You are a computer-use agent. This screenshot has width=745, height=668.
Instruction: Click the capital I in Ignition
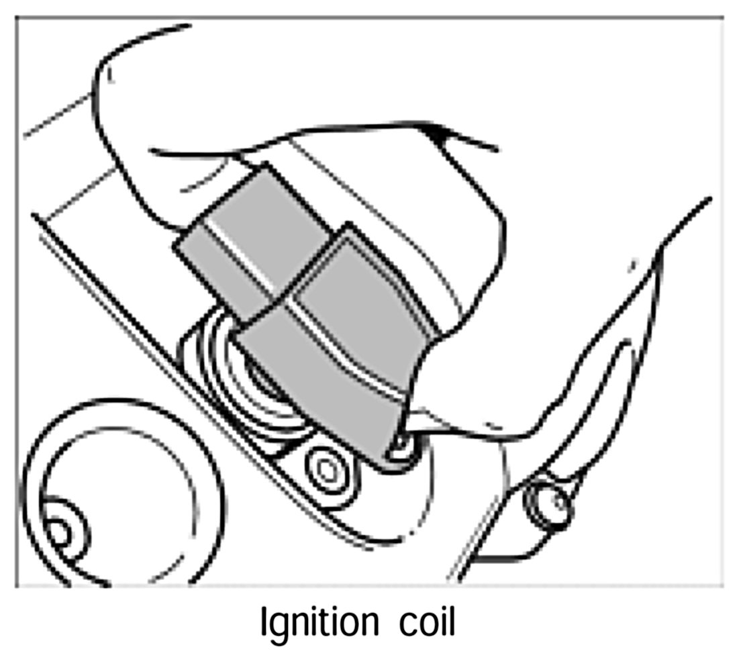point(264,623)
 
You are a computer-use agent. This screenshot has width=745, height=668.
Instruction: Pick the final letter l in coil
point(452,623)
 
